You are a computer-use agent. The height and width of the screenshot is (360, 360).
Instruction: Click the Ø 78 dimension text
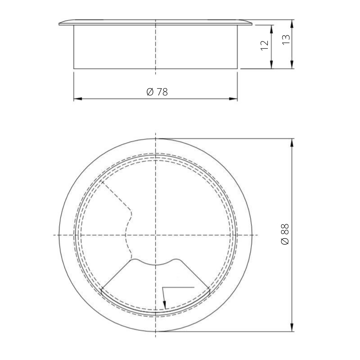tap(157, 92)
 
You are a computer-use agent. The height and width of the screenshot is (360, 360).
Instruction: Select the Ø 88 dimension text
tap(285, 234)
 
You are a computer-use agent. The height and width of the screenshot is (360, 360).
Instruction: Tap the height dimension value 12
tap(265, 45)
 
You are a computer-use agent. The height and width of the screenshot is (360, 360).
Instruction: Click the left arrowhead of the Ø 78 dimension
tap(77, 98)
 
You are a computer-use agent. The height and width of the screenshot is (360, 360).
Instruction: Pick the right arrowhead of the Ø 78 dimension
tap(234, 98)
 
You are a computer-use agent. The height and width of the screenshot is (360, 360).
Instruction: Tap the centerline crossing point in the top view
tap(156, 235)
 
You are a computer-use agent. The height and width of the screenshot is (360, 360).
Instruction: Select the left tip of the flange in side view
tap(59, 24)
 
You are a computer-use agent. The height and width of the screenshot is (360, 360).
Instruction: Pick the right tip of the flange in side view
tap(252, 24)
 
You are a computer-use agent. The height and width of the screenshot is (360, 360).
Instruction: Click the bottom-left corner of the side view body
tap(74, 68)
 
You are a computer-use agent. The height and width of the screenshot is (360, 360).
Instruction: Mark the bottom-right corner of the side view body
tap(237, 68)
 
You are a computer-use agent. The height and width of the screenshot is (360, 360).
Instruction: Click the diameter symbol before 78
tap(150, 92)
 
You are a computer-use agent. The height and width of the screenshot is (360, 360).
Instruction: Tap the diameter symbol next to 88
tap(285, 241)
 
